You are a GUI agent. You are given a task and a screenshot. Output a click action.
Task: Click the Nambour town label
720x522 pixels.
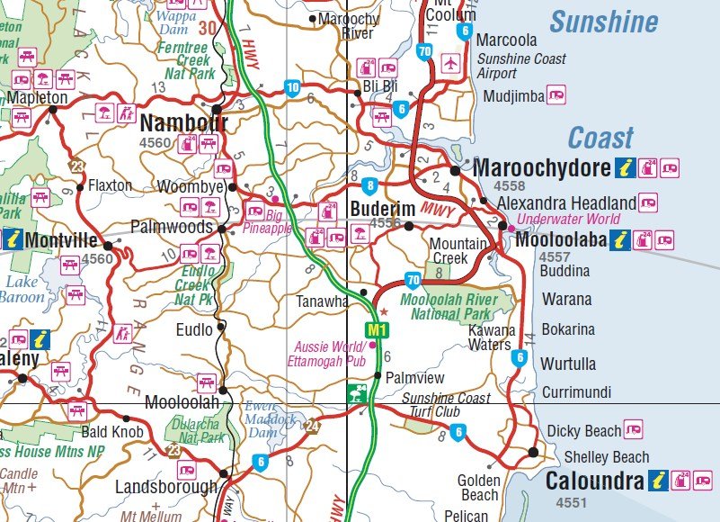click(x=178, y=121)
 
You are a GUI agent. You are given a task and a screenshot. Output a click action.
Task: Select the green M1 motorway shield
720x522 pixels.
click(x=378, y=331)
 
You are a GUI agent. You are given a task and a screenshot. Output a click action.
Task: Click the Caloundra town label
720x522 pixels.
click(x=594, y=481)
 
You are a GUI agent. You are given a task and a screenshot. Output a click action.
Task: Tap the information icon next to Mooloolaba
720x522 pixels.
click(x=619, y=240)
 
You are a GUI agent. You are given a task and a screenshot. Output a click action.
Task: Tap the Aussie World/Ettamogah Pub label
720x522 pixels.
click(x=330, y=353)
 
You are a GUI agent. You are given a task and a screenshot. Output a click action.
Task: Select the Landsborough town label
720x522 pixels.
click(x=165, y=487)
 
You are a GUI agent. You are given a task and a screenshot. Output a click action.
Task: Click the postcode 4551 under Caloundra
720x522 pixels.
click(x=573, y=501)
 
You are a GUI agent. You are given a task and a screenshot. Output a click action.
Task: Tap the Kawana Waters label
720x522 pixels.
click(x=491, y=337)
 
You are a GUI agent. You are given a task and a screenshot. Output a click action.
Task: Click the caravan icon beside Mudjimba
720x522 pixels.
click(x=557, y=94)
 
